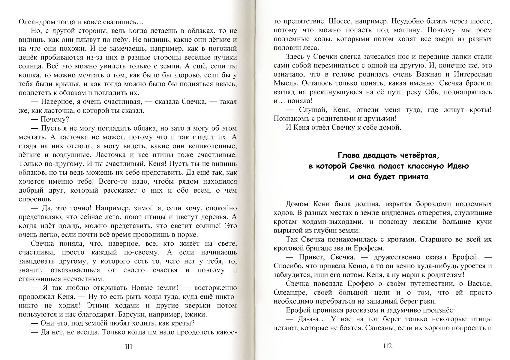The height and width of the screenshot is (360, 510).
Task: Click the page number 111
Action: pyautogui.click(x=128, y=347)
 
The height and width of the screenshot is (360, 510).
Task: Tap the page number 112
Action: pyautogui.click(x=387, y=346)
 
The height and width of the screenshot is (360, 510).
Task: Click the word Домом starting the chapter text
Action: pyautogui.click(x=297, y=204)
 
